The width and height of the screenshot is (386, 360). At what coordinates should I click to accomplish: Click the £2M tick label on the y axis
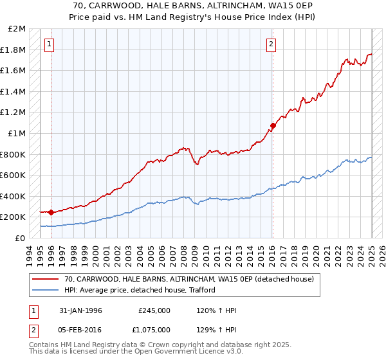point(17,29)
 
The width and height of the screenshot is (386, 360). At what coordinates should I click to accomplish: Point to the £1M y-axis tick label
point(17,133)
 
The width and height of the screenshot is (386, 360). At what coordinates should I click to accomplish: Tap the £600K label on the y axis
point(14,175)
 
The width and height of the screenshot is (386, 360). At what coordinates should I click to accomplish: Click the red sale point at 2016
point(272,125)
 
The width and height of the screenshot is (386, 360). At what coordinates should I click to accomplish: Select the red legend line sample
point(46,279)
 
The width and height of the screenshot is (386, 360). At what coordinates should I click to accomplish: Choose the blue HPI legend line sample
point(46,290)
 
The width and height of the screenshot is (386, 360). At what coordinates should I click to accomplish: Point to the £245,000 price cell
point(154,310)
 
